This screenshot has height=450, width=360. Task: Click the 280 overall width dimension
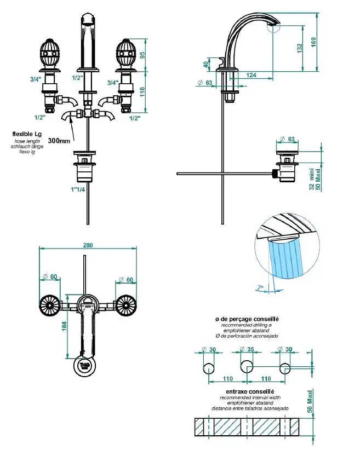(x=88, y=245)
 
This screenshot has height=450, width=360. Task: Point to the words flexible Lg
(x=27, y=133)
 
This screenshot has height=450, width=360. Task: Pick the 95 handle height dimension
(x=142, y=55)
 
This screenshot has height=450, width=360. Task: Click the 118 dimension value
(x=142, y=91)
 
